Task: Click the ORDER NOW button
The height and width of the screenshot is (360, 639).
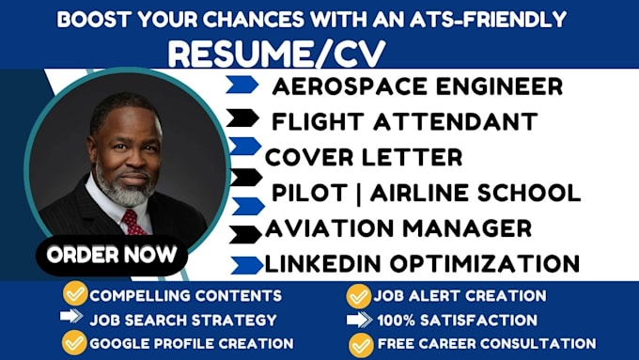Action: click(x=111, y=255)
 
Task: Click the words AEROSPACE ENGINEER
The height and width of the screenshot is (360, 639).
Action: click(x=417, y=86)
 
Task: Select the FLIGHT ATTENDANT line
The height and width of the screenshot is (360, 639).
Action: click(x=404, y=121)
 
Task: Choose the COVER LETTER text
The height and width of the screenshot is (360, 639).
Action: click(x=363, y=156)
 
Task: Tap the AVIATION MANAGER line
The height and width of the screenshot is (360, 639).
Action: click(x=397, y=228)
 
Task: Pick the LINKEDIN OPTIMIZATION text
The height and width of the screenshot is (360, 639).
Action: click(x=422, y=264)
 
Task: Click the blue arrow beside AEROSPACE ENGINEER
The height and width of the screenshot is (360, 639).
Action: click(x=242, y=86)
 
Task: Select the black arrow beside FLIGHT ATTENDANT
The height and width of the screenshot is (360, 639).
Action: click(x=243, y=118)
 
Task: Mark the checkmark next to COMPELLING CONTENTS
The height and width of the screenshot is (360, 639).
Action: click(x=74, y=294)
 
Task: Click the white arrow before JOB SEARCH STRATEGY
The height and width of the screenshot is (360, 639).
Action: click(x=72, y=318)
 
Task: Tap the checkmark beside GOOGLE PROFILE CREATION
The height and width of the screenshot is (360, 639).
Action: click(x=74, y=343)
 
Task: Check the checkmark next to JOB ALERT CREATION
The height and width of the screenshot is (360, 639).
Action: click(x=358, y=295)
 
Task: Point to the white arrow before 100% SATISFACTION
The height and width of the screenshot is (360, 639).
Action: click(x=358, y=320)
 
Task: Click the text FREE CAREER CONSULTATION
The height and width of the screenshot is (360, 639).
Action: click(x=486, y=344)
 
